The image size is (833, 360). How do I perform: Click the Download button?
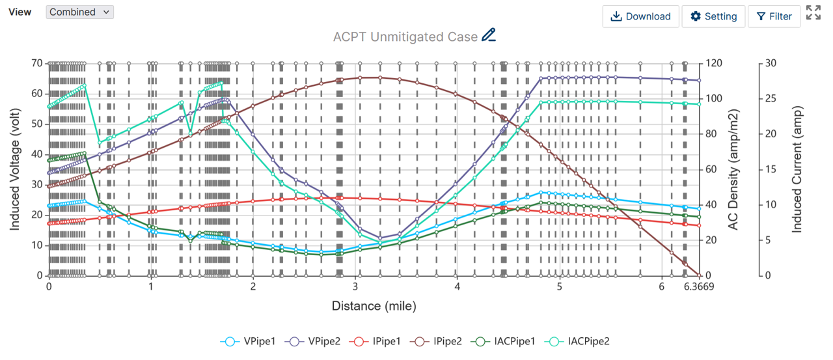[x=640, y=16]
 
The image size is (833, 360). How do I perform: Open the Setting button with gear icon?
[x=713, y=16]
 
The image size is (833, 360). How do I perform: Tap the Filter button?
[x=774, y=16]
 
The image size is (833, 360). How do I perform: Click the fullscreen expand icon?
[x=813, y=12]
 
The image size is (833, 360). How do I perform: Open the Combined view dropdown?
[x=79, y=12]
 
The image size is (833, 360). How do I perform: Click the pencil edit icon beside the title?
[x=489, y=36]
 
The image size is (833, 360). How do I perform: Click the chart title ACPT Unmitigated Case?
[x=405, y=36]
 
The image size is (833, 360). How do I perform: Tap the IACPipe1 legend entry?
[x=506, y=341]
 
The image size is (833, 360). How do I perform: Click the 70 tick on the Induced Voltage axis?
[x=36, y=63]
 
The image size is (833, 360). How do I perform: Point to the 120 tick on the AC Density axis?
[x=715, y=63]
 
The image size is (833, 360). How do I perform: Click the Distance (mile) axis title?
[x=374, y=306]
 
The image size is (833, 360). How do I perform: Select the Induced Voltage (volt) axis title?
[x=14, y=169]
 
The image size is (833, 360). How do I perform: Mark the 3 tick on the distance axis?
[x=355, y=287]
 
